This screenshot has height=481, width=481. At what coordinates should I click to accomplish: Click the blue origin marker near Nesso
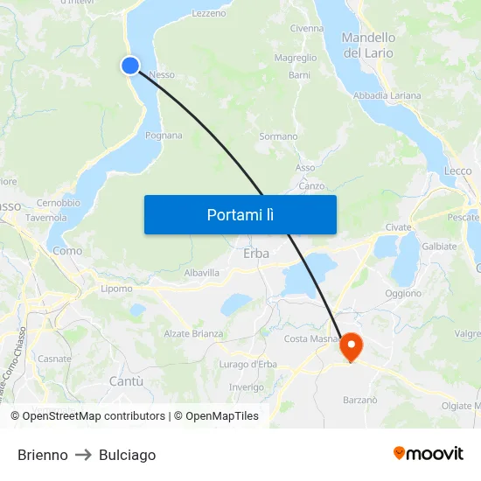pyautogui.click(x=130, y=65)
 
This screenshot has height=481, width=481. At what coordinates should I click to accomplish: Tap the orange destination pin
pyautogui.click(x=351, y=345)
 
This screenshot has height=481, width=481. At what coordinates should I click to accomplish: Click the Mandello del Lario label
pyautogui.click(x=368, y=45)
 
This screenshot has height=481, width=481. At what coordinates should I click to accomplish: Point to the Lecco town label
pyautogui.click(x=457, y=171)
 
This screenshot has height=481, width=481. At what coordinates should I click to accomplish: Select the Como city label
pyautogui.click(x=67, y=251)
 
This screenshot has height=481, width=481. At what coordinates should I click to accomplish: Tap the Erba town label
pyautogui.click(x=256, y=254)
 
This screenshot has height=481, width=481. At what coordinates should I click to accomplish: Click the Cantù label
pyautogui.click(x=126, y=381)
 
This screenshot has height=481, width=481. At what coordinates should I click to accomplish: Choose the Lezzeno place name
pyautogui.click(x=208, y=13)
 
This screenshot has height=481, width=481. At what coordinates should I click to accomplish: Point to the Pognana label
pyautogui.click(x=164, y=136)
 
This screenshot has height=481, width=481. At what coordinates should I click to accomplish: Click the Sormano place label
pyautogui.click(x=278, y=136)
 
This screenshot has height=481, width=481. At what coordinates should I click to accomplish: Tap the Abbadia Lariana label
pyautogui.click(x=387, y=95)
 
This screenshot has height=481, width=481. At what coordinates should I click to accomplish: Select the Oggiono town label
pyautogui.click(x=403, y=294)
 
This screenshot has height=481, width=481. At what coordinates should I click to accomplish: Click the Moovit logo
pyautogui.click(x=429, y=453)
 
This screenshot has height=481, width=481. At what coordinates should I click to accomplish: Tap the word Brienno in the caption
pyautogui.click(x=43, y=455)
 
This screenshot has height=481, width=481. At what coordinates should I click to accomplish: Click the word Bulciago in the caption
pyautogui.click(x=127, y=455)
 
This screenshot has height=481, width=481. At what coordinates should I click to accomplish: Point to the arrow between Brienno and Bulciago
pyautogui.click(x=83, y=455)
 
